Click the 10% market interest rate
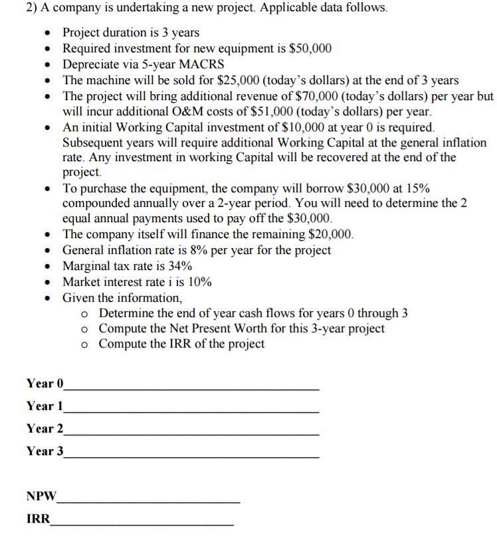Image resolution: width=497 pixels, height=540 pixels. [199, 282]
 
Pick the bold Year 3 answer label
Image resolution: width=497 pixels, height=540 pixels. [45, 451]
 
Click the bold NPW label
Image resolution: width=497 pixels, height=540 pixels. [41, 496]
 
